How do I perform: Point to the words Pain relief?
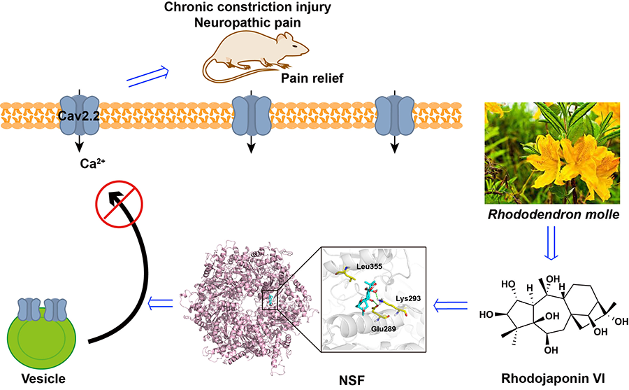pos(312,78)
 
